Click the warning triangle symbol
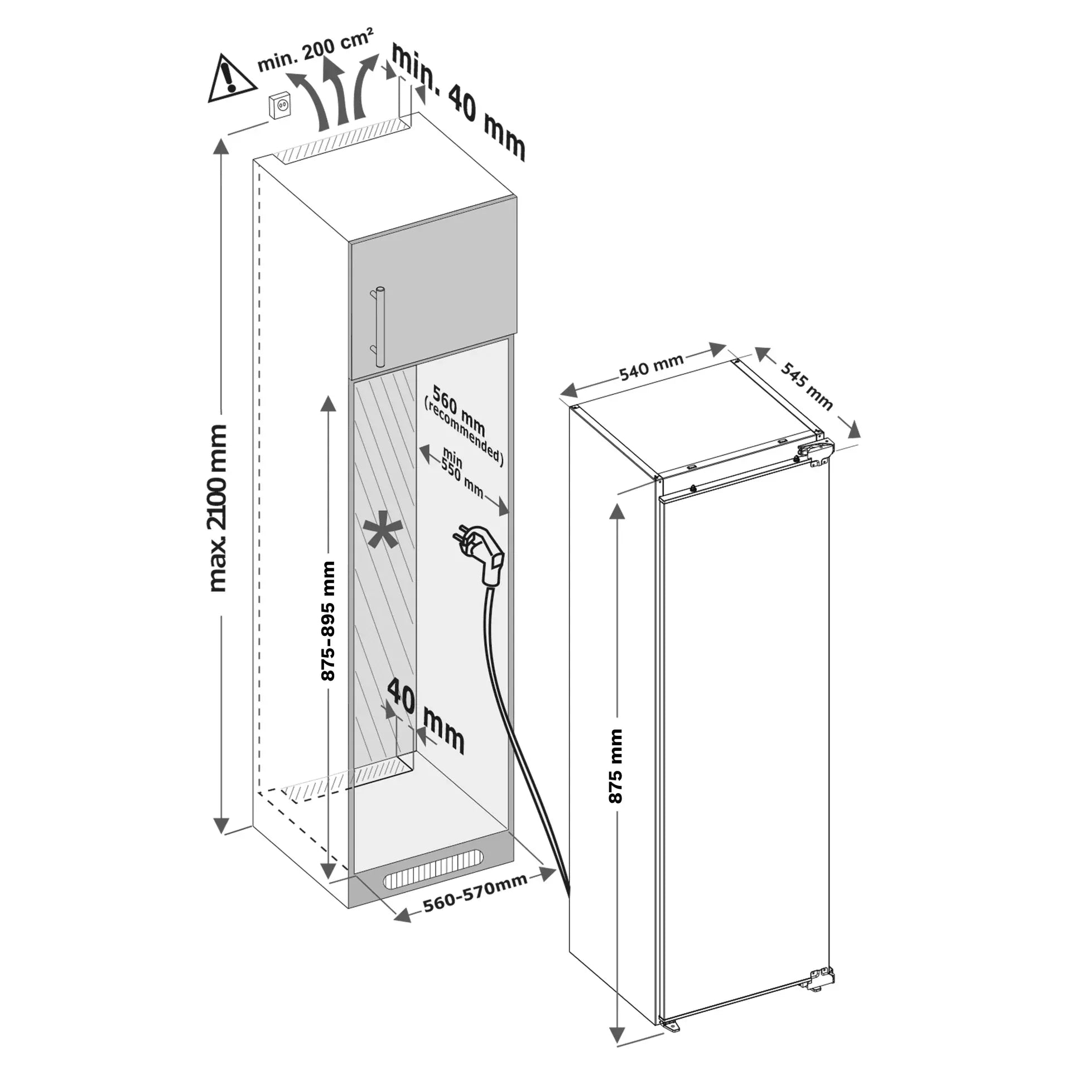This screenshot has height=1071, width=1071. pos(231,79)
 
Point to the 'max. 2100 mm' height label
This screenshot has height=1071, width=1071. pos(217,508)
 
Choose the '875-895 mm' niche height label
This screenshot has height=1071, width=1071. pos(329,621)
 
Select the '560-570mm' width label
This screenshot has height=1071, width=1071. pos(475,899)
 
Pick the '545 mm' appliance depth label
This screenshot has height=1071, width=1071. pos(806,385)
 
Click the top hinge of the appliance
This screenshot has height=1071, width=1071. pos(814,451)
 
